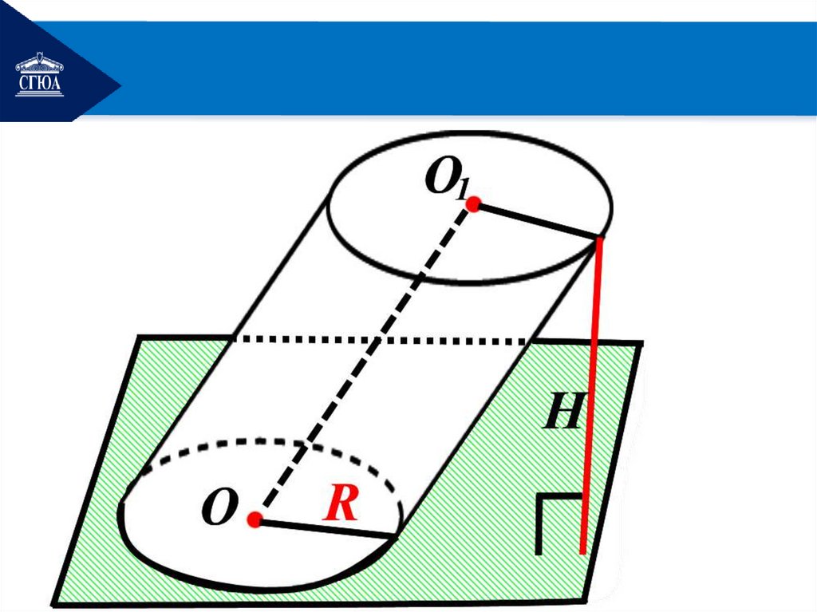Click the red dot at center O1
[x=473, y=205]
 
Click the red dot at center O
[x=255, y=520]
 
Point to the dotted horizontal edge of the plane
[x=383, y=341]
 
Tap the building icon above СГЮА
[x=39, y=62]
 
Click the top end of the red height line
[x=598, y=238]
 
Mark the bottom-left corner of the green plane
[x=53, y=604]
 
